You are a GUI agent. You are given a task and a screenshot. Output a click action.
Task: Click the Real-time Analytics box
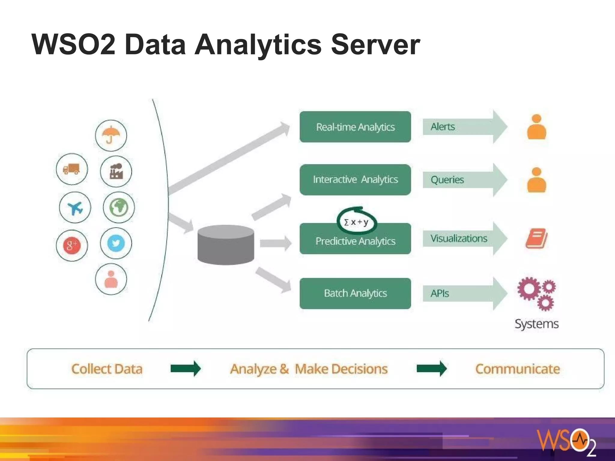(355, 127)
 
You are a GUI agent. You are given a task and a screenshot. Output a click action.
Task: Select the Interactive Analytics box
(355, 180)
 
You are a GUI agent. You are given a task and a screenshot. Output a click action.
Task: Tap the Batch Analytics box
(355, 293)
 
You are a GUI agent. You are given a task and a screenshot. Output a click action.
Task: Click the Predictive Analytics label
(355, 241)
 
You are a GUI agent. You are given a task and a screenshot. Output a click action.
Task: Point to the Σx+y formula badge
(356, 222)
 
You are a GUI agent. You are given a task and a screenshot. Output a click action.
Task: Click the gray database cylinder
(226, 245)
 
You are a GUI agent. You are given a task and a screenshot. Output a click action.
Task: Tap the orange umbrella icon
(111, 135)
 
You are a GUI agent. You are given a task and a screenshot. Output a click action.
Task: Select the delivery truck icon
(72, 169)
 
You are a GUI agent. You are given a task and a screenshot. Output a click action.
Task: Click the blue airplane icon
(75, 208)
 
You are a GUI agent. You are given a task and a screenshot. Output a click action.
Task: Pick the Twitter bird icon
(116, 243)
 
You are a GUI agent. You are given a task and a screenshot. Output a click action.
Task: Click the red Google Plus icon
(72, 246)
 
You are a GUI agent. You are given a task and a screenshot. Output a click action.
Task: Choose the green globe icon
(119, 207)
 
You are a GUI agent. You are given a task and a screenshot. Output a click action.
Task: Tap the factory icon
(116, 171)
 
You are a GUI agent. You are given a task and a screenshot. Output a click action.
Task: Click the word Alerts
(443, 127)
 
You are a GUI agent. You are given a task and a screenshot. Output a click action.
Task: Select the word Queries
(447, 180)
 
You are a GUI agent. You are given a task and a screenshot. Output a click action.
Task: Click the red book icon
(536, 239)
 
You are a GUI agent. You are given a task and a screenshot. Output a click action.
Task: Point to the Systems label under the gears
(537, 324)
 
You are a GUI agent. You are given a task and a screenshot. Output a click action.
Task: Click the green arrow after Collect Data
(186, 369)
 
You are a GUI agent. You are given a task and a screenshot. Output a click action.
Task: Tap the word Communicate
(517, 369)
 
